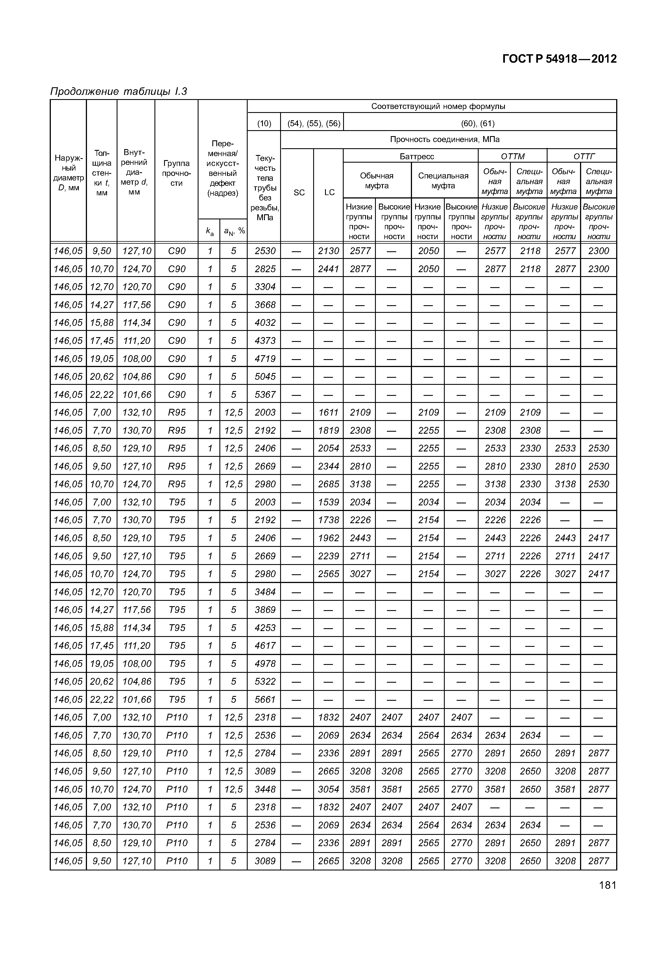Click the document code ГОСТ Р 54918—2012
point(559,59)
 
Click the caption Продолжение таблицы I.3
point(118,91)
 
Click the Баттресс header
point(417,156)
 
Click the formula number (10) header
point(264,123)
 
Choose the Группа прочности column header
point(176,173)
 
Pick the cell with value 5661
point(265,700)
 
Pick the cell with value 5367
point(265,394)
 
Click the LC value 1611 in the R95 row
point(328,412)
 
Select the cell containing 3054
point(328,789)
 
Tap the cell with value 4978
point(265,663)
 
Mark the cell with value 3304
point(265,287)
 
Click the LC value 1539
point(328,502)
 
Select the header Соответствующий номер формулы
point(438,106)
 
